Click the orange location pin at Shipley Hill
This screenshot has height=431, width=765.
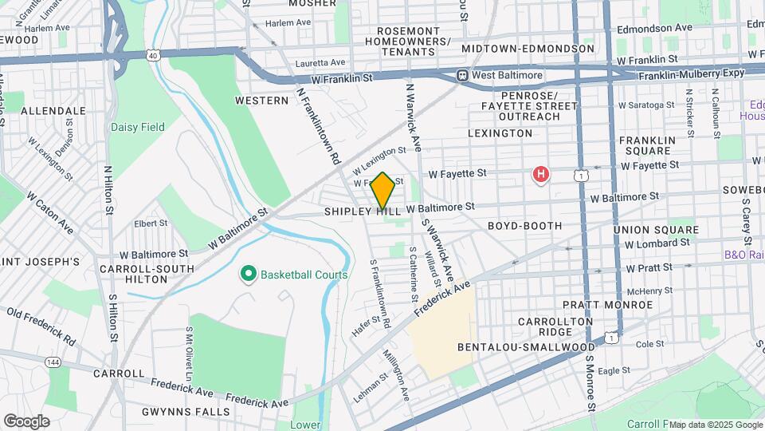(x=382, y=190)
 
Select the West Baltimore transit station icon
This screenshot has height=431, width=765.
(x=461, y=75)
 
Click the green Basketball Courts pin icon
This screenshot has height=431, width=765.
(x=248, y=275)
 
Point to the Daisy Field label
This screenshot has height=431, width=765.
(x=138, y=127)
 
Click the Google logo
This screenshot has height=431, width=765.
(x=26, y=421)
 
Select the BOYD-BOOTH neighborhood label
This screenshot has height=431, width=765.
(x=520, y=226)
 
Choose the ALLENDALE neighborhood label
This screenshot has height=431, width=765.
(x=53, y=110)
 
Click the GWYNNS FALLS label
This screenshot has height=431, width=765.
(x=186, y=412)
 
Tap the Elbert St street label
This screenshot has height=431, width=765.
(x=150, y=223)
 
